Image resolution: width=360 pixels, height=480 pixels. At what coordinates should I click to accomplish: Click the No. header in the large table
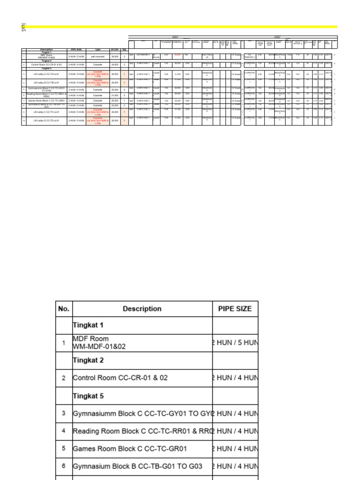click(x=64, y=309)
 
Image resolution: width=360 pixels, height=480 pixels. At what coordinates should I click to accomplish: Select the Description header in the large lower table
click(x=142, y=309)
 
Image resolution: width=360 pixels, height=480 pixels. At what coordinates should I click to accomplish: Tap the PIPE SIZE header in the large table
click(x=235, y=309)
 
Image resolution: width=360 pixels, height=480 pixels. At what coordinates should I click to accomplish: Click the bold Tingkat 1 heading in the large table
click(x=88, y=325)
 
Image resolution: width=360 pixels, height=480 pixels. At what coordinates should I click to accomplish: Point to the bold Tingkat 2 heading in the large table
click(x=88, y=360)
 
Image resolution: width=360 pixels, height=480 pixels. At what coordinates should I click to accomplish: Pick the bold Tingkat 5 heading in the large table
click(x=88, y=396)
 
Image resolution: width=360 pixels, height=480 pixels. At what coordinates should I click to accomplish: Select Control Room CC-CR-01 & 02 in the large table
click(x=120, y=378)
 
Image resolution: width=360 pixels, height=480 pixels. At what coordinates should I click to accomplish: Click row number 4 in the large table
click(x=64, y=431)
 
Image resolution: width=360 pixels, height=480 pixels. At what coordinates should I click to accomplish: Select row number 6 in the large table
click(x=64, y=466)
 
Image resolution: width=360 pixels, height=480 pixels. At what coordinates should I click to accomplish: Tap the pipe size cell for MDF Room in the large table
click(x=235, y=343)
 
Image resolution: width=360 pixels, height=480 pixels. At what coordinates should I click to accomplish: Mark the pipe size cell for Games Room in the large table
click(x=235, y=449)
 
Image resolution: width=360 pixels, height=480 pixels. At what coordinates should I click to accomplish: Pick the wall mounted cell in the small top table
click(x=97, y=56)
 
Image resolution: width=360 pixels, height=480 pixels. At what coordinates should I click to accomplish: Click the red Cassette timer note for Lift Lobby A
click(x=97, y=74)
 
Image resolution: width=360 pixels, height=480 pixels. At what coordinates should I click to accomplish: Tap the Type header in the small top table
click(x=97, y=49)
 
